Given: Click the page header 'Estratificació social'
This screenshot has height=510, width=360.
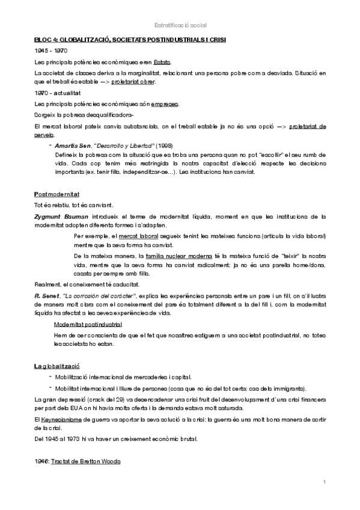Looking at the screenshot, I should (x=180, y=25).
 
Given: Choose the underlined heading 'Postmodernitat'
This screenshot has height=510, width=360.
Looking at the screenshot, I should (x=56, y=195).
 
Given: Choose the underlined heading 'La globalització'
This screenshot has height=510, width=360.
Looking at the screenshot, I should (x=57, y=366).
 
